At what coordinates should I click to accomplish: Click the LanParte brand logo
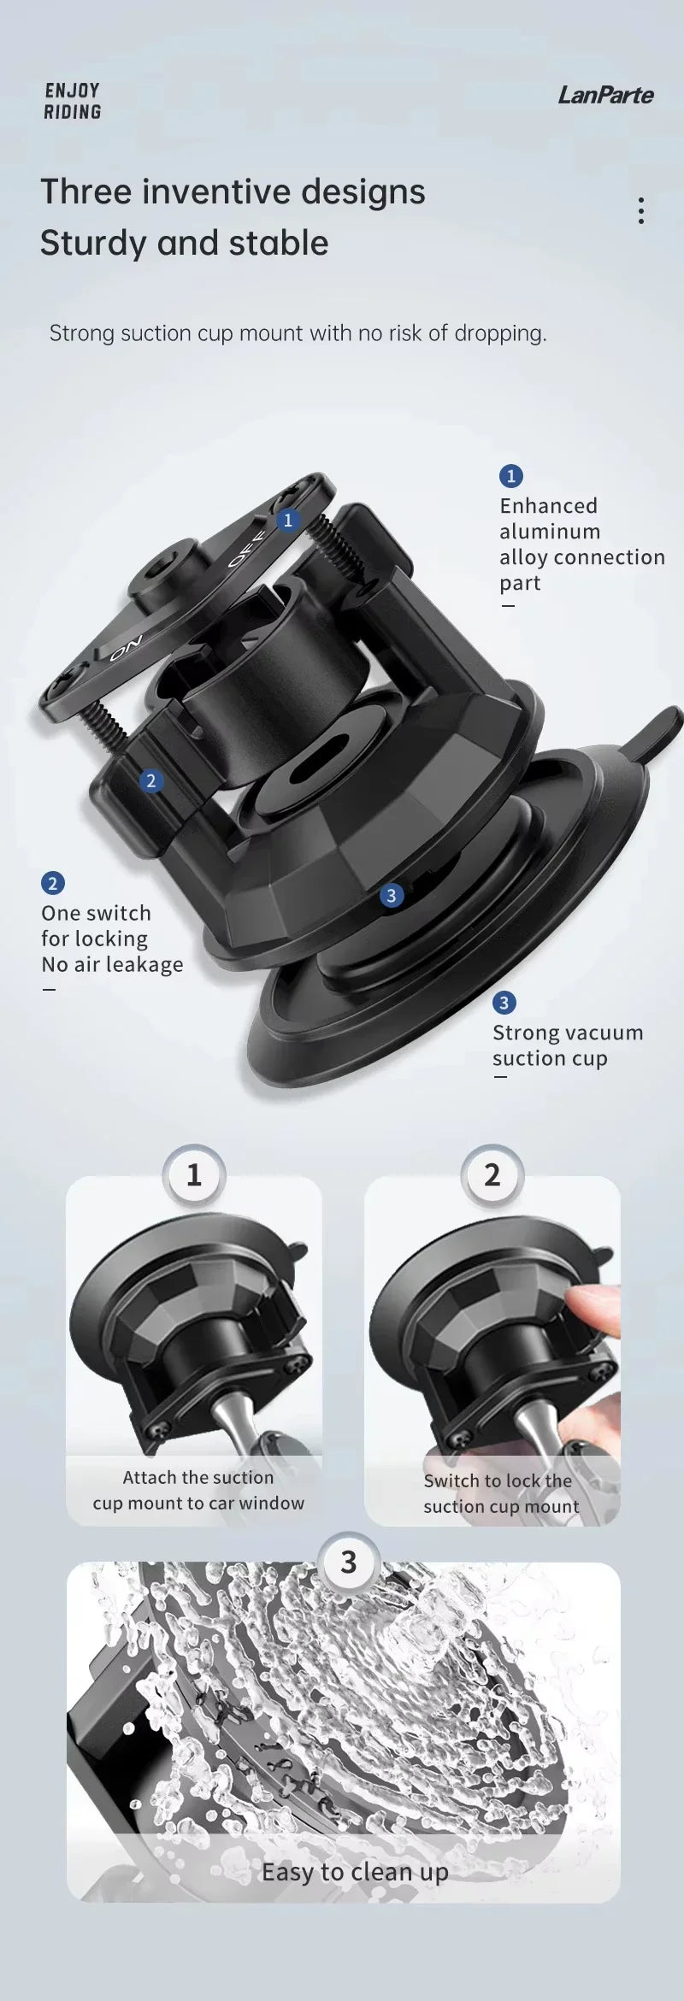[605, 95]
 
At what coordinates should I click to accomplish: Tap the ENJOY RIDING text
[73, 101]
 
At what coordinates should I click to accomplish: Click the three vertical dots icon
[641, 210]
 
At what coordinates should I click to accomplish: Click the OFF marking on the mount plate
[248, 548]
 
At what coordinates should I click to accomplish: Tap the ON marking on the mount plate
[126, 647]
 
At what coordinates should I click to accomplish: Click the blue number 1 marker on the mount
[288, 520]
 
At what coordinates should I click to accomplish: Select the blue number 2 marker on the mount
[151, 780]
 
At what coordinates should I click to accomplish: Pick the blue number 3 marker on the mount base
[392, 895]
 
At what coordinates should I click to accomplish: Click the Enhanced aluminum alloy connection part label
[581, 544]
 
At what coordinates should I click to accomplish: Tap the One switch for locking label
[112, 939]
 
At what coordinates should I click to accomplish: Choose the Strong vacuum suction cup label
[567, 1045]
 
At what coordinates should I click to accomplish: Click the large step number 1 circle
[194, 1174]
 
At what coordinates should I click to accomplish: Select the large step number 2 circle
[492, 1174]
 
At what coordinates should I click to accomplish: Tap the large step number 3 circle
[348, 1562]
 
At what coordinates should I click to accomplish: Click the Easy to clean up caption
[355, 1871]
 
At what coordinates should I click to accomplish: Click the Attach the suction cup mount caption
[198, 1490]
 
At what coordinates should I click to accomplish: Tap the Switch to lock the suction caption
[501, 1493]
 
